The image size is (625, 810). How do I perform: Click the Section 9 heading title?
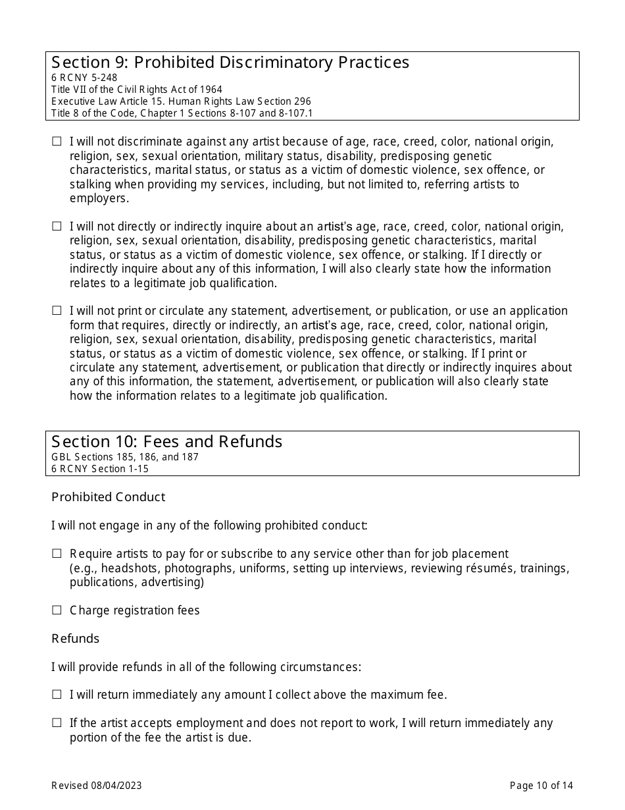(x=230, y=63)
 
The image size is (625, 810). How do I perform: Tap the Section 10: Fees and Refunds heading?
(x=167, y=442)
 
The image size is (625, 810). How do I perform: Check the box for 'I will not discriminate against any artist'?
(x=57, y=142)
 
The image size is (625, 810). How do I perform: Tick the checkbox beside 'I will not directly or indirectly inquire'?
(x=57, y=227)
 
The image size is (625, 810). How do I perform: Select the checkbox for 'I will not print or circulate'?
(x=57, y=311)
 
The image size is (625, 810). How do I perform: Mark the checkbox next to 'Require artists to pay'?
(x=57, y=554)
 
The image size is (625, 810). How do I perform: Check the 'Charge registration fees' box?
(x=57, y=610)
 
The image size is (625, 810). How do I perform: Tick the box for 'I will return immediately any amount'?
(x=57, y=695)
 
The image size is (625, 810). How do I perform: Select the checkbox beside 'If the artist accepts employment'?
(x=57, y=723)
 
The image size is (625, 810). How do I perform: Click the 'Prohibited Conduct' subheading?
(x=109, y=497)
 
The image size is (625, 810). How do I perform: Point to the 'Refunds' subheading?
(x=76, y=639)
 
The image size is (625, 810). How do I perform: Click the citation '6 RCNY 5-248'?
(x=84, y=78)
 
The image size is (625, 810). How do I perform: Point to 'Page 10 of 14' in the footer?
(x=541, y=785)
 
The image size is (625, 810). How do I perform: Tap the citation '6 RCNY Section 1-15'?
(x=100, y=469)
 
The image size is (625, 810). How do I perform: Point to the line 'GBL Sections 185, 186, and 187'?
(x=125, y=457)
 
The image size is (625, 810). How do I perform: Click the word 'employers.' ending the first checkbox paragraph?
(x=99, y=198)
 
